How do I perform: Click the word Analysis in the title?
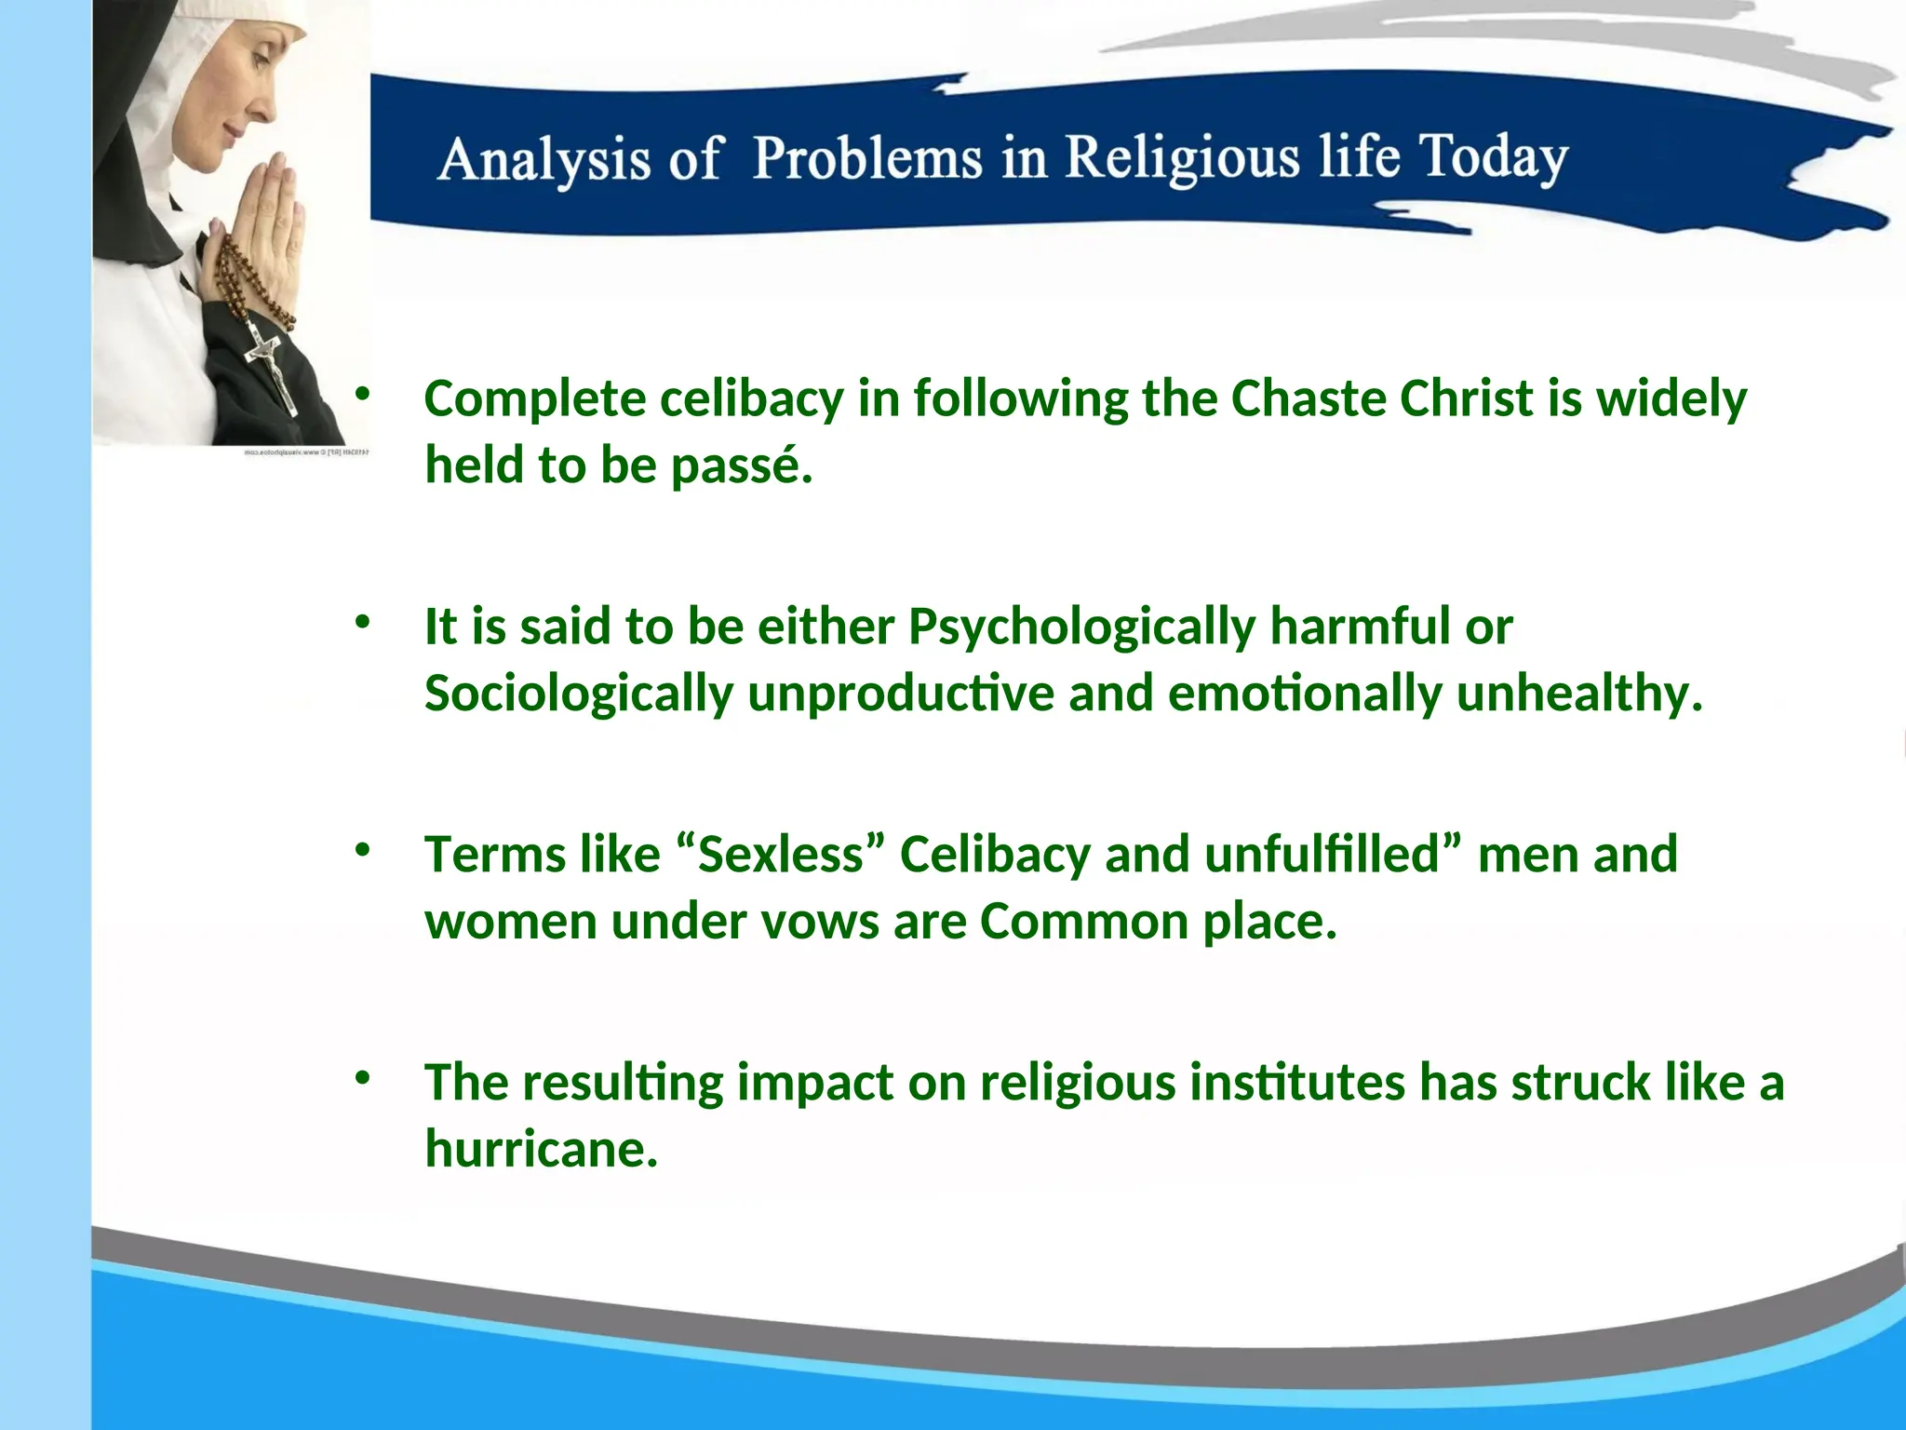[x=544, y=158]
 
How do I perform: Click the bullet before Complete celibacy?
[x=362, y=395]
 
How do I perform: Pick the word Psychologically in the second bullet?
[x=1081, y=627]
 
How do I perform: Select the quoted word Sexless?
[x=782, y=855]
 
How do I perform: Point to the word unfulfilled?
[x=1322, y=855]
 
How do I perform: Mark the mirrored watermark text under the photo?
[x=307, y=452]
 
